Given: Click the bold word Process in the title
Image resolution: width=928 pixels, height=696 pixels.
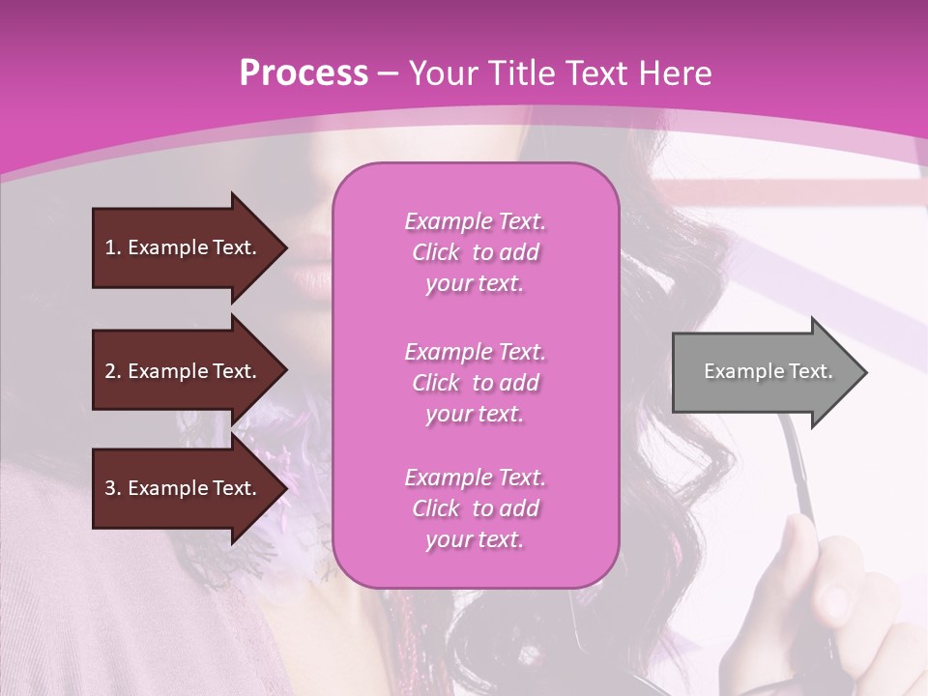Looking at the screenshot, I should (x=304, y=73).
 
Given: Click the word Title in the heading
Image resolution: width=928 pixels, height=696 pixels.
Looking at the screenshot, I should (x=523, y=73).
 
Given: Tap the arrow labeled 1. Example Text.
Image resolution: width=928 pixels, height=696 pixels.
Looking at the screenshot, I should (x=184, y=247).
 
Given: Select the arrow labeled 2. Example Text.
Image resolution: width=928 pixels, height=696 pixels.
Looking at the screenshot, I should (x=184, y=371).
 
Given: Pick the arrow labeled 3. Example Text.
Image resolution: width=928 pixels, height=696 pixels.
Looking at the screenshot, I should (x=184, y=488).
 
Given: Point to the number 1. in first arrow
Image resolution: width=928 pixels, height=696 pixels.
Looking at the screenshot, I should (x=112, y=247).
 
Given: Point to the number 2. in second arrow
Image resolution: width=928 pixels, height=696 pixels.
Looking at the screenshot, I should (x=112, y=371).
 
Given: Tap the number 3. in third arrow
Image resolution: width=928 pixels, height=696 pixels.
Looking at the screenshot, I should (x=112, y=488).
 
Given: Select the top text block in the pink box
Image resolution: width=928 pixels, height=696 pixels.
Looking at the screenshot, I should (x=475, y=252).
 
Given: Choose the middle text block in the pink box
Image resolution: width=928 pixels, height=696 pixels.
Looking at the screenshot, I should (x=475, y=383).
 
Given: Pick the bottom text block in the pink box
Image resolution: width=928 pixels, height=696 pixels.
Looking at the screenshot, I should (x=475, y=508).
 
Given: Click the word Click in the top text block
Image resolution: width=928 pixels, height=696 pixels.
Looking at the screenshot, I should (x=436, y=252).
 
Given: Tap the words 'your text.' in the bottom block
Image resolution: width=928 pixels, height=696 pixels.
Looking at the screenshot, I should (x=475, y=540).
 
